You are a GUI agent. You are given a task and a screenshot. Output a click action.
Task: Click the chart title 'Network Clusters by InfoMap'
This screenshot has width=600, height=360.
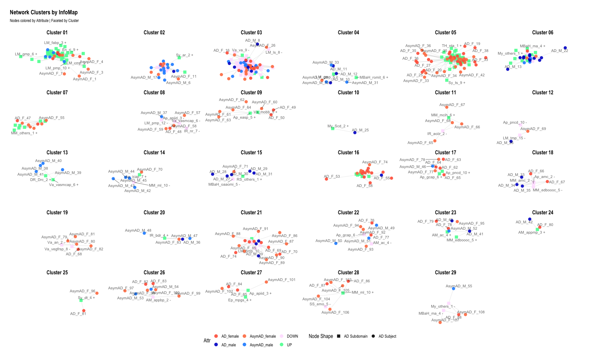pos(44,12)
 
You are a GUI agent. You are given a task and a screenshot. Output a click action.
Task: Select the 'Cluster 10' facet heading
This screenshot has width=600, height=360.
pos(348,92)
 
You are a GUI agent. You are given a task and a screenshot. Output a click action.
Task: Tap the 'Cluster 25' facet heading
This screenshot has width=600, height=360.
pos(57,272)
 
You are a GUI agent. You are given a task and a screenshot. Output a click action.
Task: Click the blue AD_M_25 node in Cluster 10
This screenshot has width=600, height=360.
pos(355,133)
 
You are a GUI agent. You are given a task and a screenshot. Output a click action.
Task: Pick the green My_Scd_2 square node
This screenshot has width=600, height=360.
pos(333,128)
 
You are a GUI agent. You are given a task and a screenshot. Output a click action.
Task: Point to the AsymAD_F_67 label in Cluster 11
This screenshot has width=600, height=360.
pos(452,105)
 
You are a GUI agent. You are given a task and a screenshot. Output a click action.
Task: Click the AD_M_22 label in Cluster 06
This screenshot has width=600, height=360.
pos(559,51)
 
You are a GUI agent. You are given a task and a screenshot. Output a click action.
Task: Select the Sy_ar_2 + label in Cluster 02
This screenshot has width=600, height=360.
pos(184,55)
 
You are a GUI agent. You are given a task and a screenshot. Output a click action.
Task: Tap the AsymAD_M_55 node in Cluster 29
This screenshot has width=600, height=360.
pos(453,289)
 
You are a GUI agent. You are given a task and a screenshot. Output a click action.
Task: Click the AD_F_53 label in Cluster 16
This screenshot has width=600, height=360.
pos(332,176)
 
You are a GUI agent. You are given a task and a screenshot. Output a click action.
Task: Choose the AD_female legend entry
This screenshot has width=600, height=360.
pos(230,336)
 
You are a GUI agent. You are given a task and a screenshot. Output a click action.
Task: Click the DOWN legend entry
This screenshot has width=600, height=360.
pos(292,336)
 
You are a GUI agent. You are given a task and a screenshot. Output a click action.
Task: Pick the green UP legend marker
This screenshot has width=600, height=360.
pos(281,345)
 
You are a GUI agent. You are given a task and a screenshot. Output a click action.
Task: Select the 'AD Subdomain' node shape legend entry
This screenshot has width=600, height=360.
pos(356,336)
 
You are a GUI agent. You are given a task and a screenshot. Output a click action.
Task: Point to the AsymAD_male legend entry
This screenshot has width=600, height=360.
pos(261,345)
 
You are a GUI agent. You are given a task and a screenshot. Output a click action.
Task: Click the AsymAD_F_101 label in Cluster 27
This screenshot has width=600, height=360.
pos(282,280)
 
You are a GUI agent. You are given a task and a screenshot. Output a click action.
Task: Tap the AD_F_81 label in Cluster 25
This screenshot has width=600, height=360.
pos(78,314)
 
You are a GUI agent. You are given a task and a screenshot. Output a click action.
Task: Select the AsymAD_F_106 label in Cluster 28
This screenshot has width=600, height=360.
pos(335,312)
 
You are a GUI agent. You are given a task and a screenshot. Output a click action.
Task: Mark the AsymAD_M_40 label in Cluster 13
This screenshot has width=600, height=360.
pos(48,161)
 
